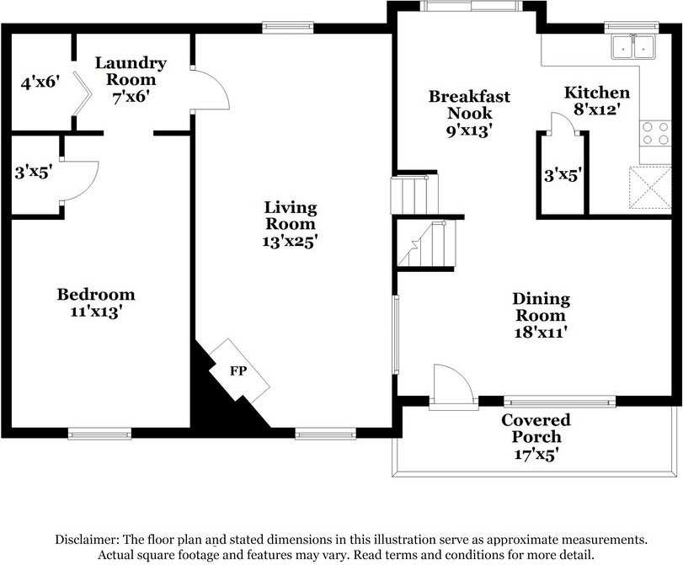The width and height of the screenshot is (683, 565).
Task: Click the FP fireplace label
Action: (x=238, y=371)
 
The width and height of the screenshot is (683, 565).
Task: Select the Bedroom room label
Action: (x=96, y=295)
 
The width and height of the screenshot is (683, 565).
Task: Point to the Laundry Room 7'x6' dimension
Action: (x=131, y=97)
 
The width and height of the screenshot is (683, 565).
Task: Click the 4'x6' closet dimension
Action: (x=40, y=82)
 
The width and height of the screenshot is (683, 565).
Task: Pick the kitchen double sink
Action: (x=634, y=46)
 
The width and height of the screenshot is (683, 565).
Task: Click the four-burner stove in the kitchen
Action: (x=655, y=133)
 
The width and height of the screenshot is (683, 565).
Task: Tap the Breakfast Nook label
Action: (x=469, y=104)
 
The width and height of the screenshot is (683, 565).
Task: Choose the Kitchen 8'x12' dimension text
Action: (x=597, y=109)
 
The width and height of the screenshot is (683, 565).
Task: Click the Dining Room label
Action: (x=541, y=307)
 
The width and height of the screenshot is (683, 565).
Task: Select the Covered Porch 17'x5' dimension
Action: (x=536, y=455)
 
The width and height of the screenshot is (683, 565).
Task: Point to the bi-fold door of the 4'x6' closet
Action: (x=82, y=93)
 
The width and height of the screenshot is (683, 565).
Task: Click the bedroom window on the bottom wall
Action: (x=99, y=434)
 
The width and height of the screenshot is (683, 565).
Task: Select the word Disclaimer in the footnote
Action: (x=87, y=540)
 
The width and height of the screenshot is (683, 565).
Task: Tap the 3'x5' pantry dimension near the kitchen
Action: (x=563, y=175)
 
